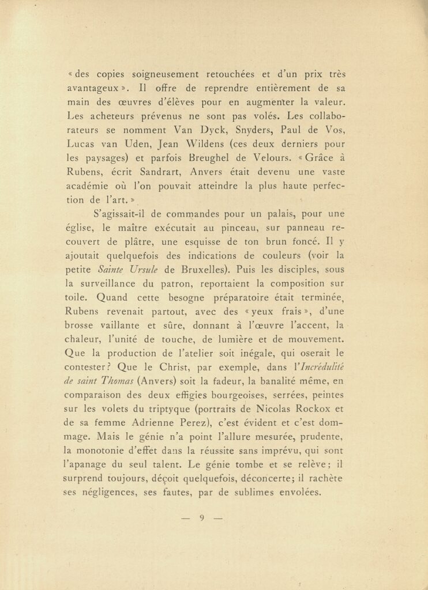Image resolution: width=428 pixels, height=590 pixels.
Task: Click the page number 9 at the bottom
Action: tap(202, 517)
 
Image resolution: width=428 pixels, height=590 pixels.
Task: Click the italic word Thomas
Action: tap(118, 380)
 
